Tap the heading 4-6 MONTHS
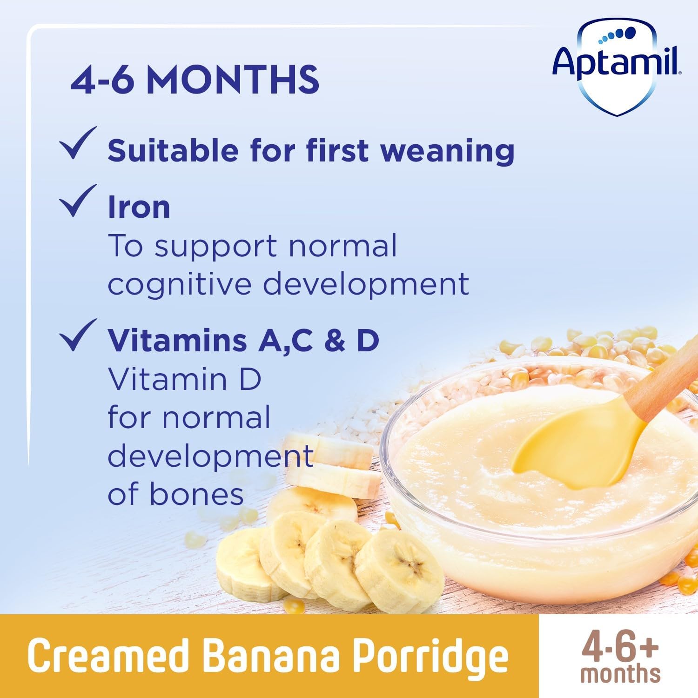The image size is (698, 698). [x=195, y=80]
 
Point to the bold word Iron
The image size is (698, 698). [x=139, y=208]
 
